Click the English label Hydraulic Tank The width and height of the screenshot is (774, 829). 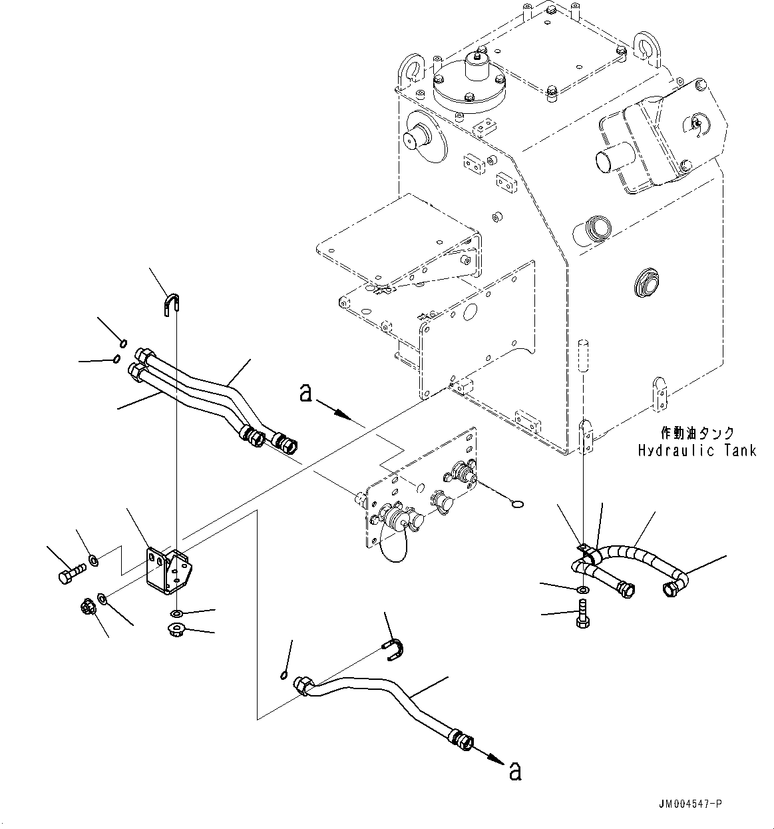(697, 451)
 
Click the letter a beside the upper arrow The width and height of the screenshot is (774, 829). (305, 394)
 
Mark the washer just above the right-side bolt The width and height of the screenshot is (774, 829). (583, 590)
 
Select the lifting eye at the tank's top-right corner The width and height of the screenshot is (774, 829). (646, 46)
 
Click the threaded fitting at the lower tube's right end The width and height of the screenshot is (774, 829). (461, 738)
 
